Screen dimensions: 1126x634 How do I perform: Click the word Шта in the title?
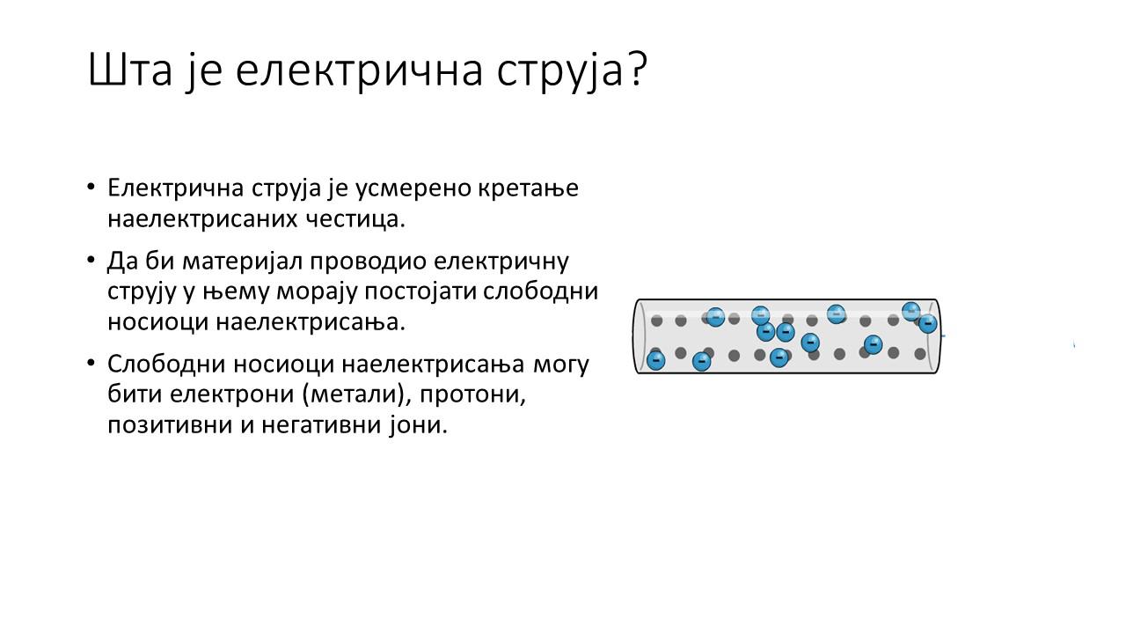tap(130, 70)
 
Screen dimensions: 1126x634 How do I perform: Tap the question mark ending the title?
tap(637, 69)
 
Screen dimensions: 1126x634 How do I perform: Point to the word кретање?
tap(529, 188)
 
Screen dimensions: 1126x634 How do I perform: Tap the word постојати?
tap(420, 291)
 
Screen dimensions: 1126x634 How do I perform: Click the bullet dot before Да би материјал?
tap(91, 261)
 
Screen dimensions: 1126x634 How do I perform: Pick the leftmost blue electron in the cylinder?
tap(655, 360)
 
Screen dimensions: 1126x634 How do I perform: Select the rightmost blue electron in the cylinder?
tap(928, 323)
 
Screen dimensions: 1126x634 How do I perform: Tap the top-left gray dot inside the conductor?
tap(656, 321)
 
